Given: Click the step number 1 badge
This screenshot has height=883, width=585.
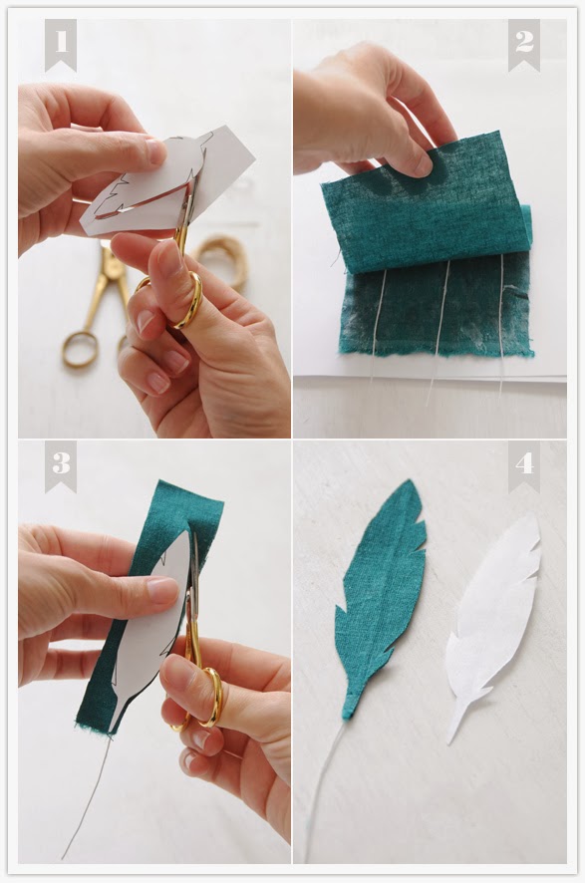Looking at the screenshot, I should [60, 43].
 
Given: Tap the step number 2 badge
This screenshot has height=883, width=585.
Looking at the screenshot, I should [523, 43].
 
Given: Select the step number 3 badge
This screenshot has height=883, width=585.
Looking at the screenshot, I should [60, 464].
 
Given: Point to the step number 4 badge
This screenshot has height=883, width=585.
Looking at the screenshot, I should [523, 464].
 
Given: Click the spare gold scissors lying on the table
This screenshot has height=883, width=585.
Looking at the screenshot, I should [92, 309].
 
